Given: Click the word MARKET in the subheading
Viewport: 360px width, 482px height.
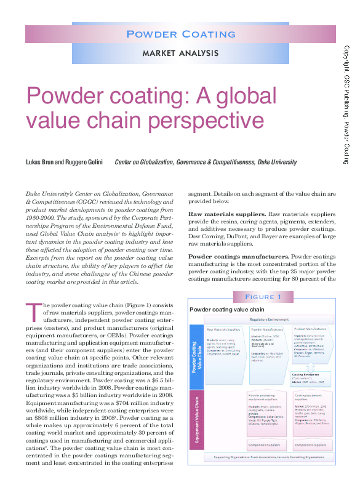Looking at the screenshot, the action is click(161, 53).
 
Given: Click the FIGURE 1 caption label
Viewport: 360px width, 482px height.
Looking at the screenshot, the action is click(263, 297).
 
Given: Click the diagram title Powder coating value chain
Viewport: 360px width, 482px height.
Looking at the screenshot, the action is click(227, 309).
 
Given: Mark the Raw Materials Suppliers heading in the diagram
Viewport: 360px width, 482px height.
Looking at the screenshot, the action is click(223, 330).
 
